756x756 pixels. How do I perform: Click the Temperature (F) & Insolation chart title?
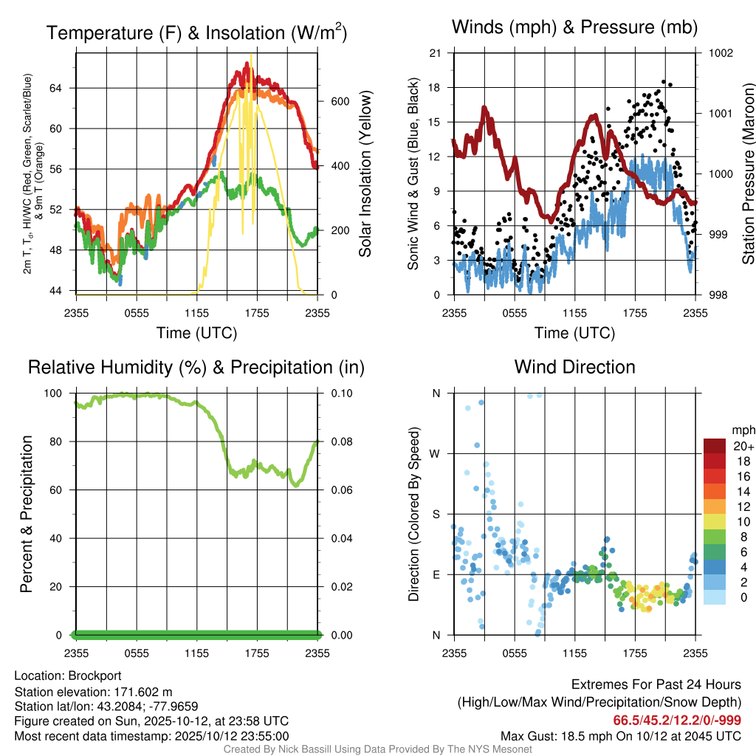click(196, 32)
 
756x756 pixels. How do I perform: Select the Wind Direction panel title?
click(574, 367)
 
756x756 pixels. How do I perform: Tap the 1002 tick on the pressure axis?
click(720, 53)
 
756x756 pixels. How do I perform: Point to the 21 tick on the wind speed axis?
click(436, 53)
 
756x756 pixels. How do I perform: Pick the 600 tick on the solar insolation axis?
click(339, 101)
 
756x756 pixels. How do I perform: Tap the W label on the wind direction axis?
click(436, 454)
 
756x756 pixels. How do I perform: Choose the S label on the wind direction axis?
click(436, 515)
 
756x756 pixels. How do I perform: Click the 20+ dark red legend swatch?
click(715, 446)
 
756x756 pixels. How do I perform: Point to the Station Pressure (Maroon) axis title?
click(748, 174)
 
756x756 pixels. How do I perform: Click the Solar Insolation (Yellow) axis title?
click(365, 174)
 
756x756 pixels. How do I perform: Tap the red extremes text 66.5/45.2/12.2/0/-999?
click(677, 720)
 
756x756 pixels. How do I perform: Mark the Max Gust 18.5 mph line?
click(620, 735)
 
